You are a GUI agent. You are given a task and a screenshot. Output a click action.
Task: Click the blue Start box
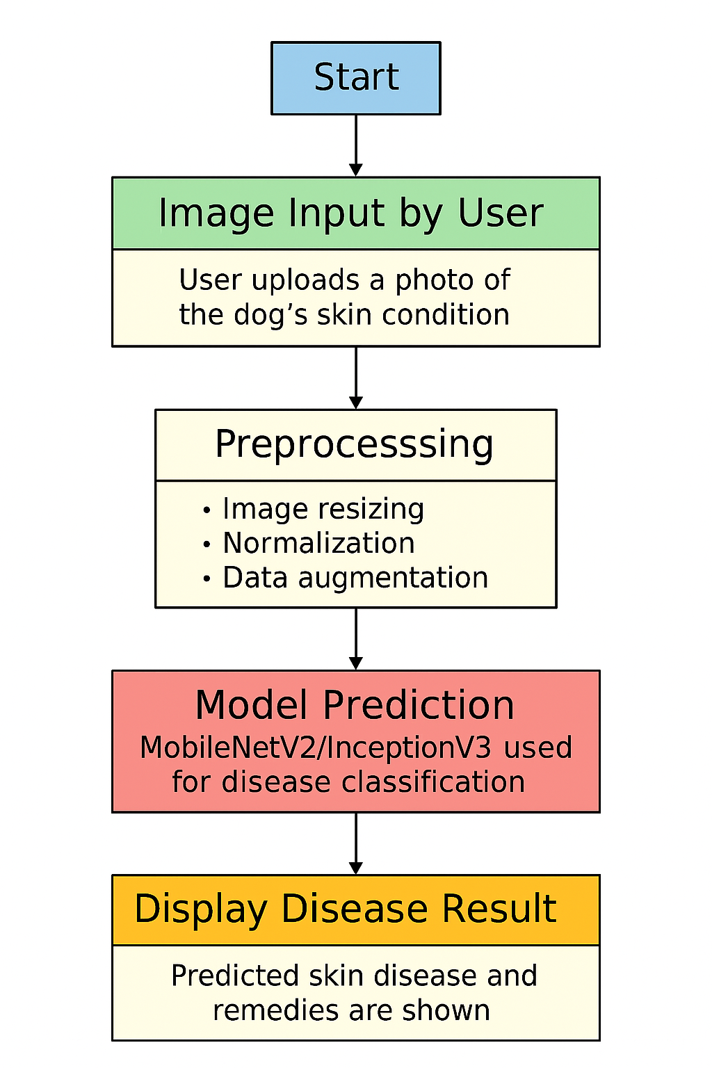pyautogui.click(x=355, y=78)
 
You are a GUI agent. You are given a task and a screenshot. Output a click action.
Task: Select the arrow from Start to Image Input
pyautogui.click(x=356, y=145)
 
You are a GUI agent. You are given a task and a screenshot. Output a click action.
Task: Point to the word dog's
pyautogui.click(x=270, y=315)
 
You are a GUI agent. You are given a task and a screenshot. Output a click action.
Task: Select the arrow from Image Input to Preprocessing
pyautogui.click(x=356, y=378)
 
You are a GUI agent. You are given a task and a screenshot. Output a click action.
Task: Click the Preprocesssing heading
pyautogui.click(x=355, y=445)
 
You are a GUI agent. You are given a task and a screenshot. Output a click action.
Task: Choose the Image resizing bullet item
pyautogui.click(x=323, y=509)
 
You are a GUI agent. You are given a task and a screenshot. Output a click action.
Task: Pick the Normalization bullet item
pyautogui.click(x=318, y=543)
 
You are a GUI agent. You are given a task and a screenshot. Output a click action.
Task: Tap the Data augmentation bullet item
pyautogui.click(x=355, y=578)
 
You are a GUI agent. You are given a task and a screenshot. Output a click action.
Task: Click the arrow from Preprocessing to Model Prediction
pyautogui.click(x=356, y=639)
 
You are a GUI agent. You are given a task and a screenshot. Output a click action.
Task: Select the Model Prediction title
pyautogui.click(x=355, y=705)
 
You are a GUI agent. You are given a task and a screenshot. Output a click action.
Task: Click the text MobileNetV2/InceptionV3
pyautogui.click(x=316, y=748)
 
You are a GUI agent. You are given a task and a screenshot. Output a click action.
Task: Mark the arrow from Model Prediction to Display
pyautogui.click(x=356, y=843)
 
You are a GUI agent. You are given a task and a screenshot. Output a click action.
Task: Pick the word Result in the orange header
pyautogui.click(x=499, y=909)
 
